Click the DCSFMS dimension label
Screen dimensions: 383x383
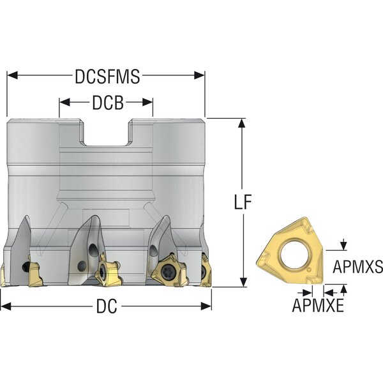pyautogui.click(x=107, y=77)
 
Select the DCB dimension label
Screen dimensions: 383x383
pyautogui.click(x=108, y=103)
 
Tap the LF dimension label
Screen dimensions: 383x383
pyautogui.click(x=243, y=202)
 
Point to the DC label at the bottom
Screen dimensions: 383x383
pyautogui.click(x=107, y=306)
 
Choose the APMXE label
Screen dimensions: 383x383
pyautogui.click(x=318, y=305)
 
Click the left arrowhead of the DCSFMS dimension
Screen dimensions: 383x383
pyautogui.click(x=13, y=75)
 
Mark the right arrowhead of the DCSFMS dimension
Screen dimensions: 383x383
pyautogui.click(x=199, y=75)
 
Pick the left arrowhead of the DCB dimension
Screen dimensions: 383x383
pyautogui.click(x=64, y=102)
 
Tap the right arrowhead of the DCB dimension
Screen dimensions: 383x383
pyautogui.click(x=147, y=102)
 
